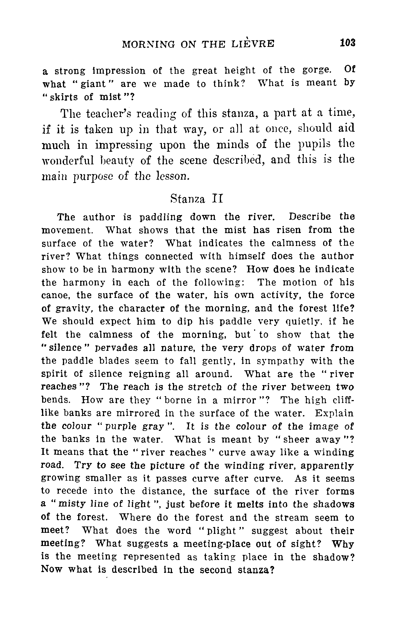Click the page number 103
(x=348, y=43)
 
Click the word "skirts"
(x=63, y=97)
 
